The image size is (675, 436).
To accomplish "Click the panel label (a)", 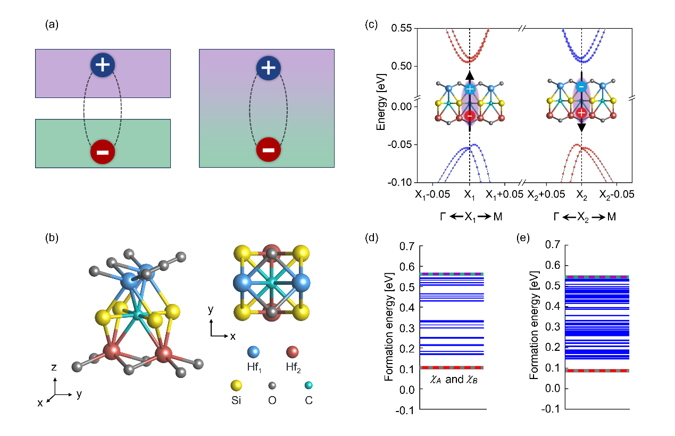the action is tap(52, 24).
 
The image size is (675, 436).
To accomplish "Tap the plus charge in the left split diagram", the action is tap(103, 65).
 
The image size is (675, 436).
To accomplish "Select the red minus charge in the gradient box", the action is tap(268, 150).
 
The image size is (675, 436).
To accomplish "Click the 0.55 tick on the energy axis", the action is tap(402, 28).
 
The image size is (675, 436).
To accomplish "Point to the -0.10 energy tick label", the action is tap(399, 183).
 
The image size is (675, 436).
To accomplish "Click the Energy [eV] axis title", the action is tap(381, 102).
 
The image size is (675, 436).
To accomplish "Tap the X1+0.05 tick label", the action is tap(504, 195).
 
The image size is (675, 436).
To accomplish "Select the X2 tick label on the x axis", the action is tap(581, 195).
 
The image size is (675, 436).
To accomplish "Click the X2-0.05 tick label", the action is tap(616, 195).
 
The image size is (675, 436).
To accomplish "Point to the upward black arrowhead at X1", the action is tap(470, 76).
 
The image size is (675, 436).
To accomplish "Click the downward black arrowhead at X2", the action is tap(581, 128).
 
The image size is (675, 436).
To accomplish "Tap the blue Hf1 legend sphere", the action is tap(253, 351).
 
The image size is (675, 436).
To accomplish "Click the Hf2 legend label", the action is tap(293, 367).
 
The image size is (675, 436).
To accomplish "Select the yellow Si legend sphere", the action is tap(236, 385).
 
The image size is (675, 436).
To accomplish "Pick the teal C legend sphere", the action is tap(309, 385).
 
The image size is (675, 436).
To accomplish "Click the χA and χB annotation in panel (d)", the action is tap(454, 380).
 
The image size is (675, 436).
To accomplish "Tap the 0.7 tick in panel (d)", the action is tap(407, 246).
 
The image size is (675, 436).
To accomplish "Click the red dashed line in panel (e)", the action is tap(597, 371).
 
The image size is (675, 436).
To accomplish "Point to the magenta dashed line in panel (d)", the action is tap(452, 274).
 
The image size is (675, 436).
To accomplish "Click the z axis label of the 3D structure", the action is tap(54, 367).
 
